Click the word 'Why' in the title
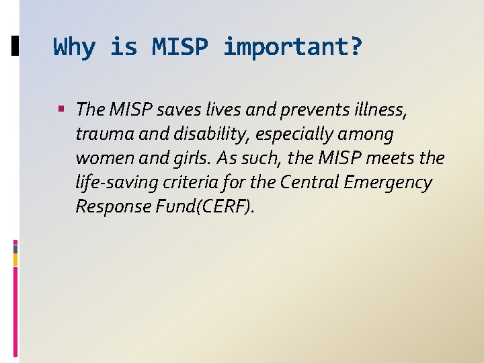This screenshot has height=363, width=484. pyautogui.click(x=75, y=47)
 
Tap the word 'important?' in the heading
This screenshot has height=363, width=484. pyautogui.click(x=293, y=47)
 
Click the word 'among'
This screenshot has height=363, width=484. pyautogui.click(x=366, y=134)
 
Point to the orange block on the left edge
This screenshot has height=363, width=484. pyautogui.click(x=15, y=259)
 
